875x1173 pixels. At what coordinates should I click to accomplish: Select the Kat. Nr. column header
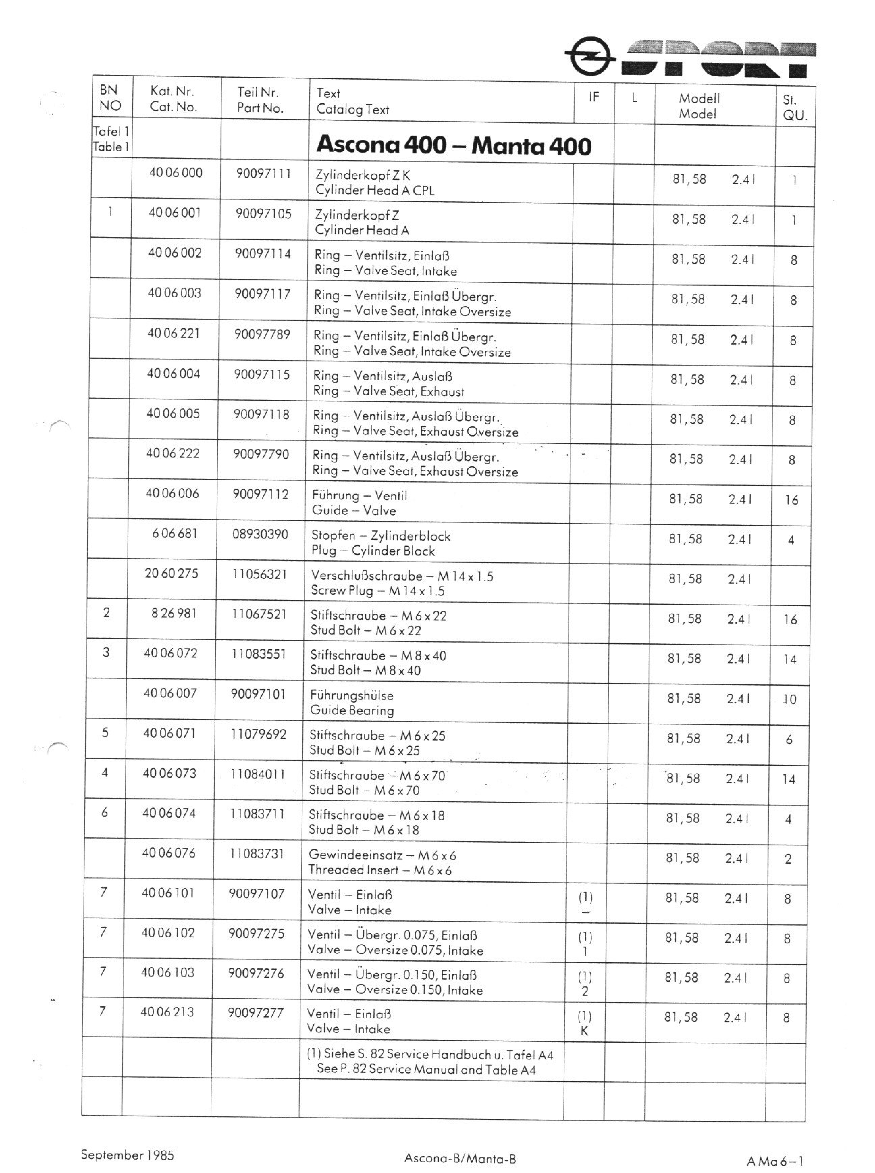[x=173, y=98]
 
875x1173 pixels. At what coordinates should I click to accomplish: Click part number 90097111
[x=263, y=174]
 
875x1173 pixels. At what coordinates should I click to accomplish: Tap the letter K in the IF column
[x=584, y=1031]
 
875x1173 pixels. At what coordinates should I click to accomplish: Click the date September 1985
[x=127, y=1155]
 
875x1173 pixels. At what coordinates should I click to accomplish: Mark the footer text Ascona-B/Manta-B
[x=460, y=1158]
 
